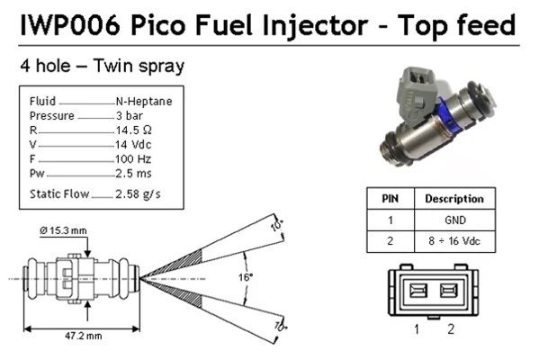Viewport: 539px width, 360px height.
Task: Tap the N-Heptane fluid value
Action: (x=144, y=102)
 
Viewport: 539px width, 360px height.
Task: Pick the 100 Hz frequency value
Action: (x=133, y=158)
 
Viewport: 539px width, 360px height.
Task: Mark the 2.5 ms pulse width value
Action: (x=133, y=173)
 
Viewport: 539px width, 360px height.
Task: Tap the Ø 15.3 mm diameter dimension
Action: (x=64, y=231)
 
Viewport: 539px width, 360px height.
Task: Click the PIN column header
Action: (x=389, y=198)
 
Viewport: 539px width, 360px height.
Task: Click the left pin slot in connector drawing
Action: (x=418, y=290)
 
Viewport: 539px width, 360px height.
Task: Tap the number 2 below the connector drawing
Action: (x=451, y=329)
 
